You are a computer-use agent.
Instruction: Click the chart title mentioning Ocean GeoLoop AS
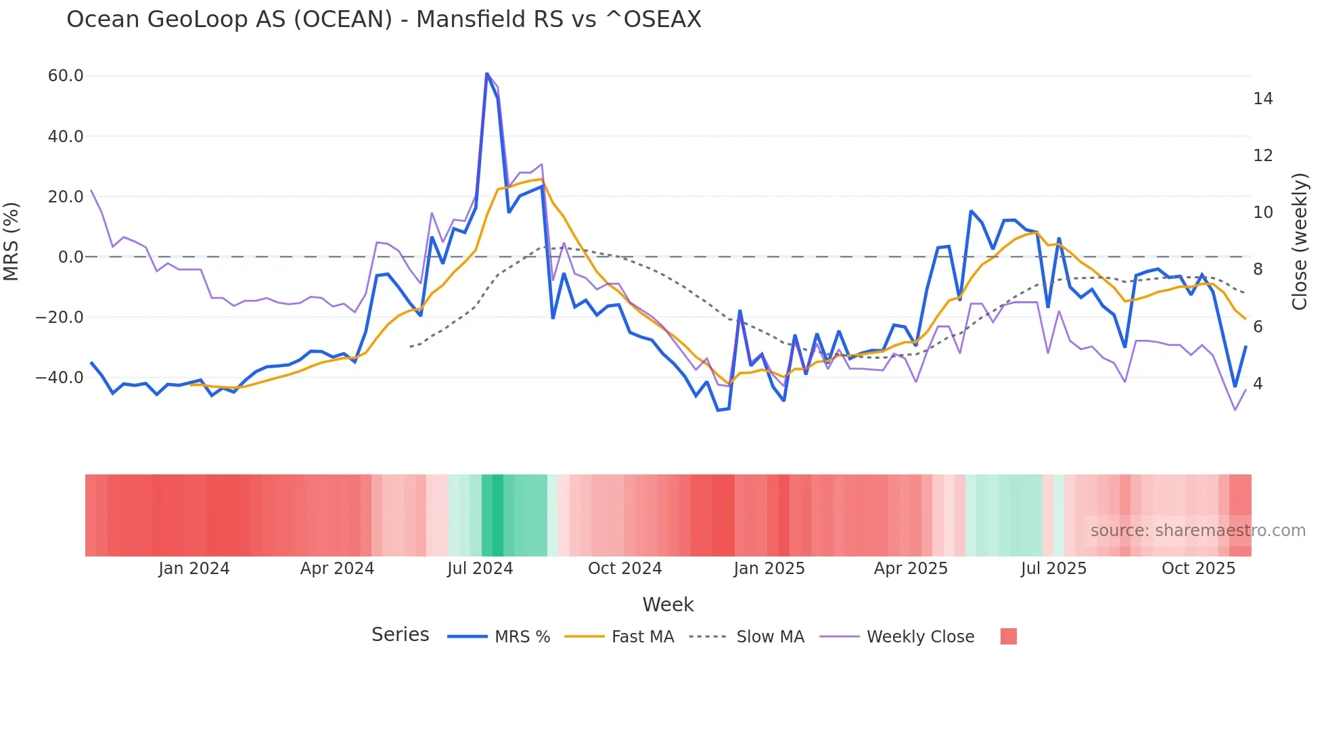[x=384, y=20]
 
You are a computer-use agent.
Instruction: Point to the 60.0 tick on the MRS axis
[x=66, y=76]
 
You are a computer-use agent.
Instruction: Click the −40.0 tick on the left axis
[x=60, y=378]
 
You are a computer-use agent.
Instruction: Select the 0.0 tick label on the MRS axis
[x=70, y=257]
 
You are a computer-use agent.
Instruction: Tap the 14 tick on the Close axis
[x=1262, y=99]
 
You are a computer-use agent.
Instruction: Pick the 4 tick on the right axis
[x=1258, y=384]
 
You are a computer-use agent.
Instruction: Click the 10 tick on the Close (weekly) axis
[x=1262, y=213]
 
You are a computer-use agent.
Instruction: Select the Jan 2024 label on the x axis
[x=194, y=569]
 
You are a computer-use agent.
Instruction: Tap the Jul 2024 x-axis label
[x=480, y=569]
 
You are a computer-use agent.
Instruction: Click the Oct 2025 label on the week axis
[x=1198, y=569]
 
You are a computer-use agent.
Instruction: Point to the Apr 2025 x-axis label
[x=911, y=569]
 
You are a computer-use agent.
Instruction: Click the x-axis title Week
[x=668, y=605]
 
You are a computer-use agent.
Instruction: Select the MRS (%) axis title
[x=12, y=242]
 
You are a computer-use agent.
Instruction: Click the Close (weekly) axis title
[x=1300, y=242]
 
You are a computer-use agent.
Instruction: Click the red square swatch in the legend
[x=1008, y=636]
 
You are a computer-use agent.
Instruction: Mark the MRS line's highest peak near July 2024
[x=486, y=73]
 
